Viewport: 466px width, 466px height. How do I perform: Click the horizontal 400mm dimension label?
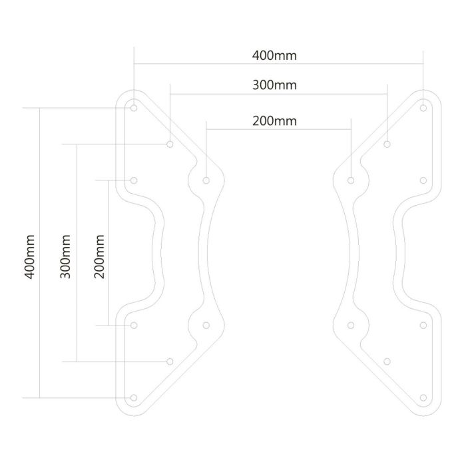[x=274, y=55]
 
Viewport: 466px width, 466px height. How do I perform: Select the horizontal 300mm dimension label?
[x=274, y=85]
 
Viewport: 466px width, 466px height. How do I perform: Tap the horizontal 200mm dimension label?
[x=274, y=121]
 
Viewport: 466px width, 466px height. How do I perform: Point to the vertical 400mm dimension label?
[x=29, y=255]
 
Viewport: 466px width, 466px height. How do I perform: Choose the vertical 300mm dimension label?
[x=65, y=255]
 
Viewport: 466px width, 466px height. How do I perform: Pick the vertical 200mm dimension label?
[x=101, y=255]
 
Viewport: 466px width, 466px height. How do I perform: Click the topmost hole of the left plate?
[x=134, y=107]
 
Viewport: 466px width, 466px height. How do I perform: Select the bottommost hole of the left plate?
[x=134, y=397]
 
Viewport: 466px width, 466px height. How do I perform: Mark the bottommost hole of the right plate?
[x=423, y=397]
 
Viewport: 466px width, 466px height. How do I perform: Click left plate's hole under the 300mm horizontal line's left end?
[x=170, y=143]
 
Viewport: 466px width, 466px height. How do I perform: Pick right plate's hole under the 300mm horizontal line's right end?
[x=387, y=143]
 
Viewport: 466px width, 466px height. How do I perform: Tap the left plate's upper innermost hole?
[x=206, y=180]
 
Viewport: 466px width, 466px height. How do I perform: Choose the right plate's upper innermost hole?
[x=351, y=180]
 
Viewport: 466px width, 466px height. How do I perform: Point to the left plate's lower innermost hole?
[x=206, y=325]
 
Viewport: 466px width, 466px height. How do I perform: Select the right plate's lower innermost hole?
[x=351, y=325]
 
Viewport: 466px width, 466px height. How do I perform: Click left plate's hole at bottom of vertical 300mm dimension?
[x=170, y=361]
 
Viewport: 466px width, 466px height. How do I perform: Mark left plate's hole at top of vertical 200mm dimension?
[x=134, y=180]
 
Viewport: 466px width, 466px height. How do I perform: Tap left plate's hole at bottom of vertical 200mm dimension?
[x=134, y=325]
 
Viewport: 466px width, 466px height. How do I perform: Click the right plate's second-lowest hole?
[x=387, y=361]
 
